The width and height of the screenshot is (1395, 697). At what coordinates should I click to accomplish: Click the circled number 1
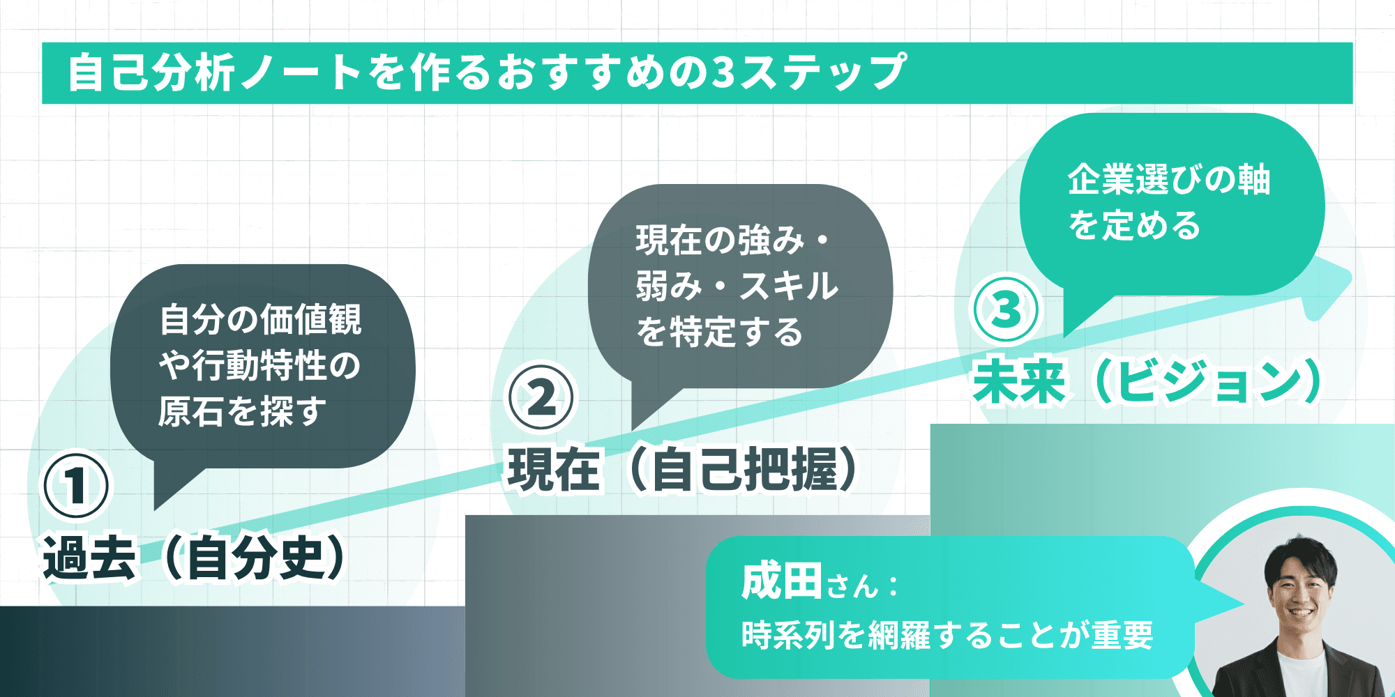(x=76, y=485)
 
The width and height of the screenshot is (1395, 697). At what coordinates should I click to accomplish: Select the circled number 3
(x=1006, y=309)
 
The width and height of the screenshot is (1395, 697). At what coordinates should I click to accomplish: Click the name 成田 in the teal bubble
(x=781, y=582)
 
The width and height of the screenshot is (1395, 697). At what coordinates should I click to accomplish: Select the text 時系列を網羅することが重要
(x=947, y=635)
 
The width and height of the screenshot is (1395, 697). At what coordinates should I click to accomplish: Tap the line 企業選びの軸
(x=1169, y=180)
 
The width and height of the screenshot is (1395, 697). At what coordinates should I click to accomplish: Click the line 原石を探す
(x=242, y=411)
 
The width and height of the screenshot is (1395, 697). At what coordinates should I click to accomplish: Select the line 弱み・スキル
(x=737, y=286)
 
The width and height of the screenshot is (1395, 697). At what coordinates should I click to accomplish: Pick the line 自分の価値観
(x=260, y=319)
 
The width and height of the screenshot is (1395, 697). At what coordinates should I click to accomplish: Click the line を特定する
(x=719, y=332)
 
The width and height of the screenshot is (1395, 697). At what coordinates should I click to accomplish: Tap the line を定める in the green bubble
(x=1134, y=226)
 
